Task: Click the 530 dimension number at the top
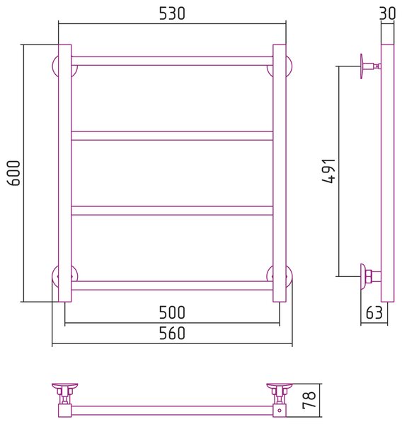tap(172, 13)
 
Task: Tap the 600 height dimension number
tap(13, 173)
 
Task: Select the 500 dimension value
tap(172, 312)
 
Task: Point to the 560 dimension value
tap(172, 333)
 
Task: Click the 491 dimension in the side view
tap(329, 171)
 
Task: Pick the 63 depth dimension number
tap(374, 312)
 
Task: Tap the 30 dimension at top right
tap(387, 13)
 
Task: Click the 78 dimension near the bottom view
tap(309, 400)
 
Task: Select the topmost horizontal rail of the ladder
tap(172, 61)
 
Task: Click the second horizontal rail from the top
tap(172, 136)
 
